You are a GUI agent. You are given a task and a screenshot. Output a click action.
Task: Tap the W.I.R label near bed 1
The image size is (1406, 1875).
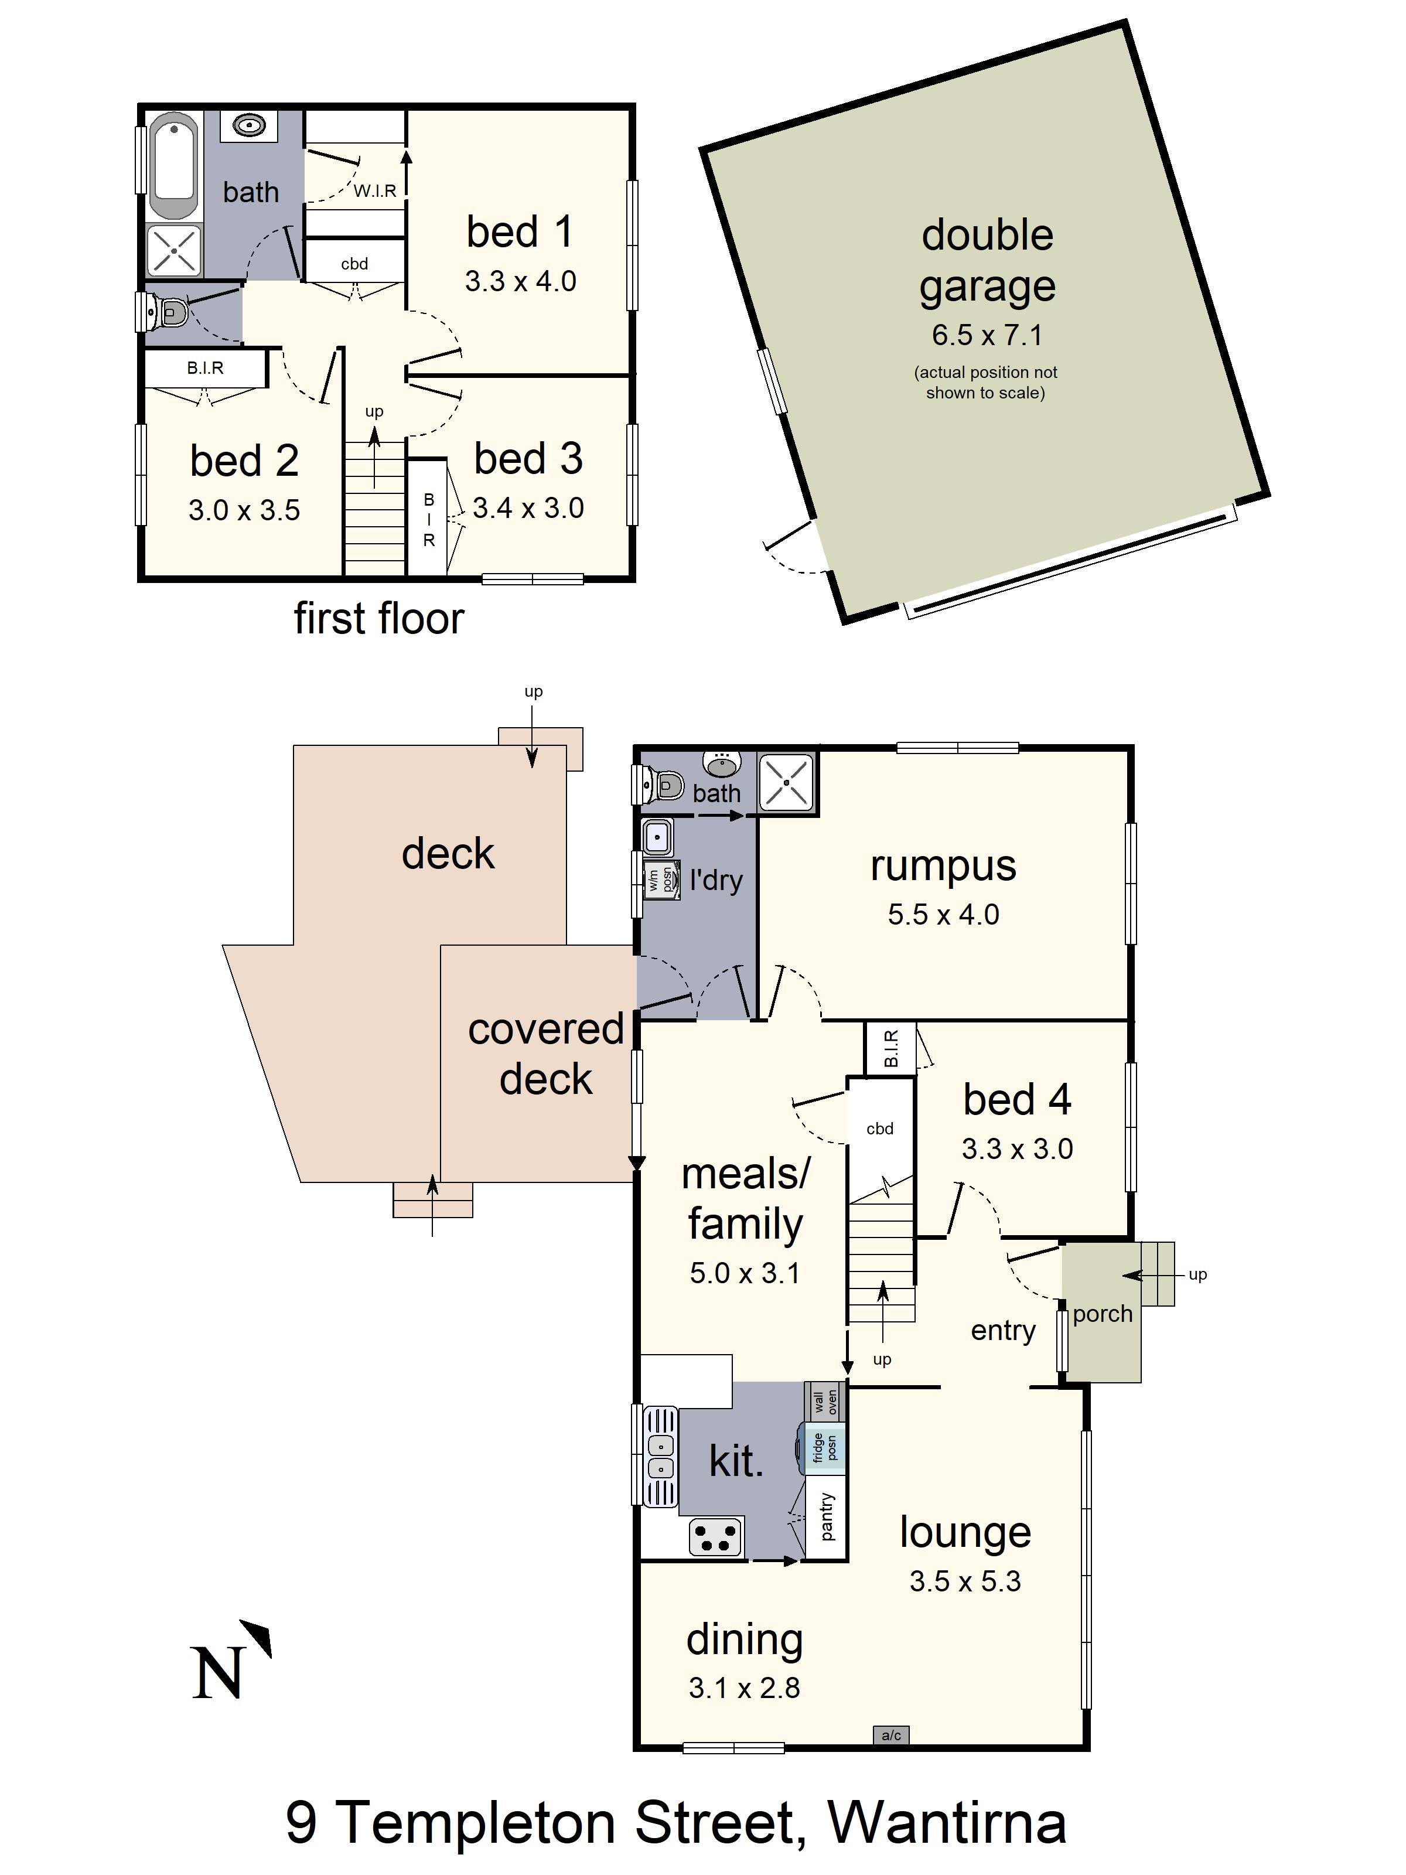tap(374, 190)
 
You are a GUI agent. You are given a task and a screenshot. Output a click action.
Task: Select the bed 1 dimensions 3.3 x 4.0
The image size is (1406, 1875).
tap(520, 281)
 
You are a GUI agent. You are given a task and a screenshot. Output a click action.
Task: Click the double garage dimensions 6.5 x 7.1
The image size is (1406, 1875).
tap(987, 335)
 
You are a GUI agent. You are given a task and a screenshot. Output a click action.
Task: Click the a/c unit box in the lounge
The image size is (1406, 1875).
tap(890, 1735)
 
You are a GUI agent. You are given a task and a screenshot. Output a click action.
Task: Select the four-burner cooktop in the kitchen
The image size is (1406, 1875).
tap(716, 1537)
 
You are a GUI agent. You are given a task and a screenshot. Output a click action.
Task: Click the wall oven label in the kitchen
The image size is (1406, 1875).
tap(825, 1403)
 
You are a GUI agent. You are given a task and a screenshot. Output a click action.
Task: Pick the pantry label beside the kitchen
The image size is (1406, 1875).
tap(827, 1518)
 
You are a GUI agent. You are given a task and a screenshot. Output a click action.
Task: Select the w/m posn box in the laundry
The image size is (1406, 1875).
tap(661, 881)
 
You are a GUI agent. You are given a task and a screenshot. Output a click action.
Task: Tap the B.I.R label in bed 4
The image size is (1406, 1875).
tap(890, 1049)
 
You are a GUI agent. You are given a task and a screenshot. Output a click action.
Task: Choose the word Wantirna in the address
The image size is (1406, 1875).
tap(947, 1822)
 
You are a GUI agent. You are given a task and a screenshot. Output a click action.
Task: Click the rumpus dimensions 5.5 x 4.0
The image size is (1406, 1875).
tap(943, 915)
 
